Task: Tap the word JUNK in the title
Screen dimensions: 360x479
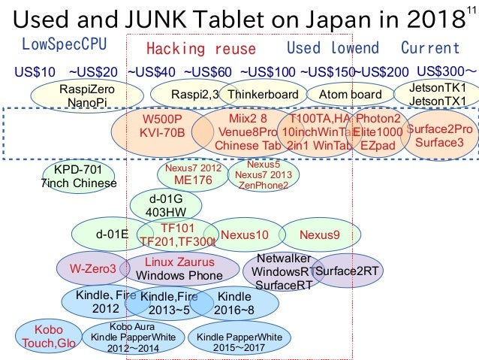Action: coord(179,17)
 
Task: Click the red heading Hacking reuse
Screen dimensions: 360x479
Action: coord(200,49)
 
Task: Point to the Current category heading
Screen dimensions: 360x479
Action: coord(430,48)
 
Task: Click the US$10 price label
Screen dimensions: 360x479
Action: coord(35,72)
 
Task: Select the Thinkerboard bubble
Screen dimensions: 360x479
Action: coord(264,95)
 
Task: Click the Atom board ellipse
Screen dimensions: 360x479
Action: coord(350,95)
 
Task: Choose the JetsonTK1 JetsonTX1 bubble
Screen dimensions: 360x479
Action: coord(439,94)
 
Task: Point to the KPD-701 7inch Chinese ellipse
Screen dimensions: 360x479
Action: coord(78,176)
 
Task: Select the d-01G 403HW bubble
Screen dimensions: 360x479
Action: coord(165,204)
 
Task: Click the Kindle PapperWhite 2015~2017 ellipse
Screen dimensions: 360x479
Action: coord(238,343)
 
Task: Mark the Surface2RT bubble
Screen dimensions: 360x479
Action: coord(346,271)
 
